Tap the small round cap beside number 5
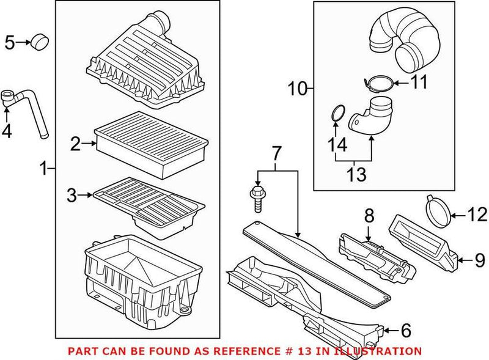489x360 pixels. coord(40,42)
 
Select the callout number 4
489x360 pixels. coord(9,131)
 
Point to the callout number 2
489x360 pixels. coord(75,144)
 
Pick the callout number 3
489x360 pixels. coord(72,196)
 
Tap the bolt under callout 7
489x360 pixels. coord(257,196)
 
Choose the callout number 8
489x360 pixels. coord(369,215)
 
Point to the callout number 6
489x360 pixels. coord(405,331)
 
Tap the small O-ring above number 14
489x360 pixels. coord(337,114)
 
